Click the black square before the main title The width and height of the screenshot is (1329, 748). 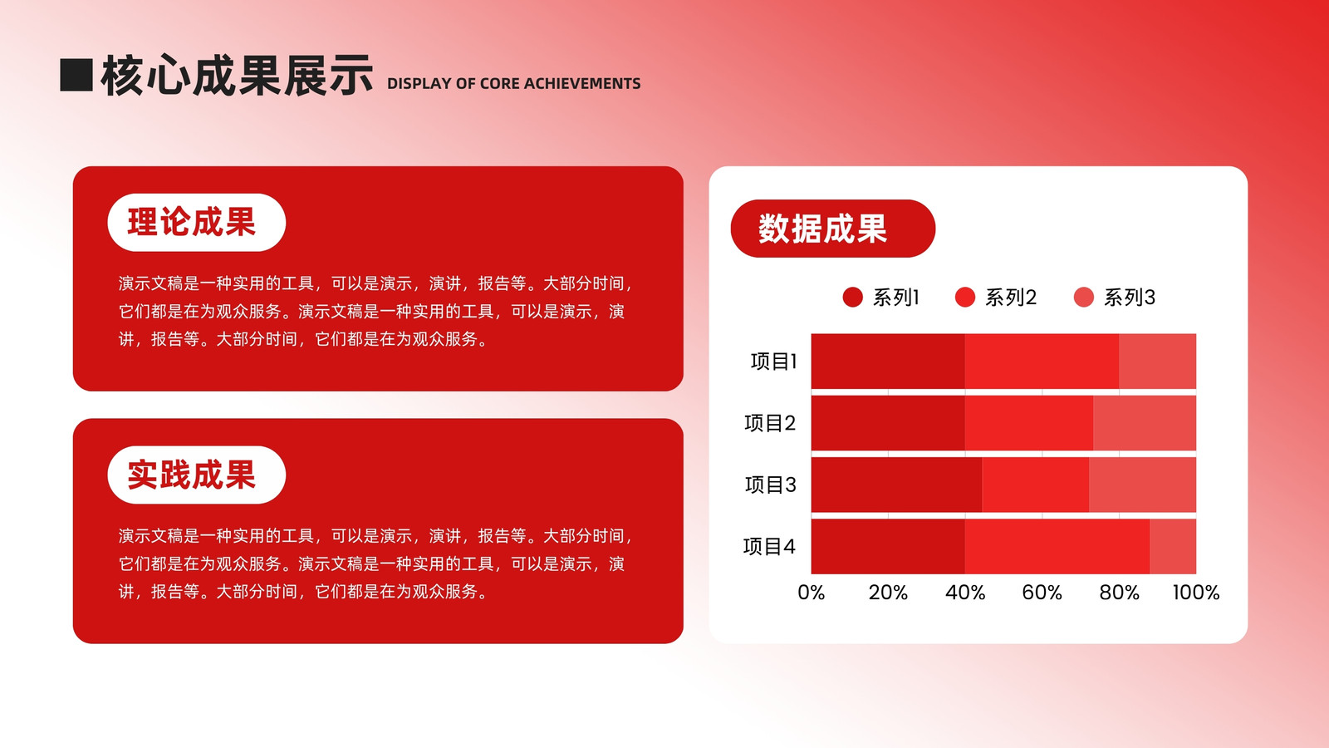pyautogui.click(x=76, y=75)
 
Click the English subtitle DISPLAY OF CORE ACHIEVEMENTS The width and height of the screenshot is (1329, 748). pyautogui.click(x=514, y=84)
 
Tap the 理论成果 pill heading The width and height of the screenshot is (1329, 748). pyautogui.click(x=196, y=223)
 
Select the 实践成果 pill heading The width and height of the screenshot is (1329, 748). pyautogui.click(x=196, y=475)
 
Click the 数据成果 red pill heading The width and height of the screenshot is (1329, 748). pyautogui.click(x=833, y=229)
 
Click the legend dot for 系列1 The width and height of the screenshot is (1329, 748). pyautogui.click(x=852, y=298)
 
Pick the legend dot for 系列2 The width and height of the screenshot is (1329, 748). pyautogui.click(x=965, y=298)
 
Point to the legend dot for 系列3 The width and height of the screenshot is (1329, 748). pyautogui.click(x=1084, y=298)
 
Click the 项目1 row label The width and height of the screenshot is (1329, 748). pyautogui.click(x=773, y=361)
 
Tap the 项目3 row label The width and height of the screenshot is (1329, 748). pyautogui.click(x=771, y=485)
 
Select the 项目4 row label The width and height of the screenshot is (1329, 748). pyautogui.click(x=769, y=546)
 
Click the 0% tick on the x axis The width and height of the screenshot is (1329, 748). pyautogui.click(x=811, y=593)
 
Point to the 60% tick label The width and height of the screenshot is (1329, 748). pyautogui.click(x=1042, y=593)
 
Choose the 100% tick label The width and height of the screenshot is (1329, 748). pyautogui.click(x=1196, y=593)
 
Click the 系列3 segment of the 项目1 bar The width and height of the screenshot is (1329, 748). pyautogui.click(x=1158, y=361)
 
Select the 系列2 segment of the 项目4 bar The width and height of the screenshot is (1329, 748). pyautogui.click(x=1057, y=546)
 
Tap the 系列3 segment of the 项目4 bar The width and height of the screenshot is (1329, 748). pyautogui.click(x=1173, y=546)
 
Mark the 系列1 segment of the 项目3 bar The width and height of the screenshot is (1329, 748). pyautogui.click(x=896, y=485)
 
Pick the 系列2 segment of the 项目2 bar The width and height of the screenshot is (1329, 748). pyautogui.click(x=1029, y=423)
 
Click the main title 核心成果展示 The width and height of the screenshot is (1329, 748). pyautogui.click(x=237, y=76)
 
